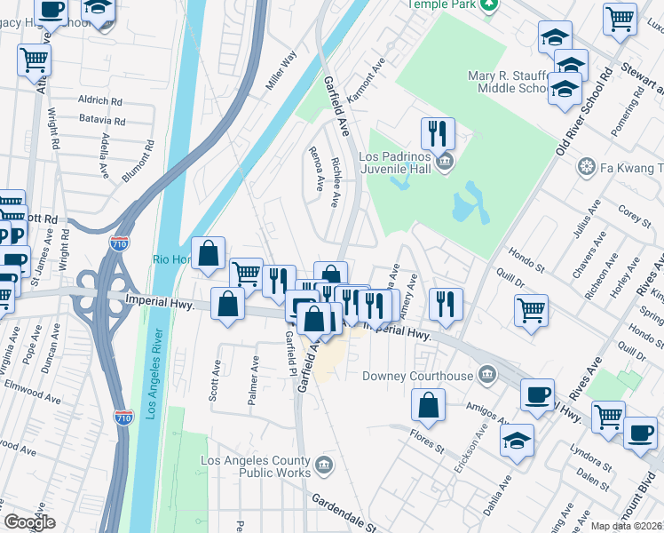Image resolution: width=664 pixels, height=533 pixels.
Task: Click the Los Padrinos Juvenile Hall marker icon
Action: pyautogui.click(x=446, y=163)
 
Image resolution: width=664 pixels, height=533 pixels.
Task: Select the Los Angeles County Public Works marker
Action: pyautogui.click(x=324, y=463)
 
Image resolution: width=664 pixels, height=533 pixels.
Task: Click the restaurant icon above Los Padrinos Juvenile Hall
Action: pyautogui.click(x=438, y=133)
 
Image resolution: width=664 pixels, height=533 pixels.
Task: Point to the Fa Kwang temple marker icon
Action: pyautogui.click(x=586, y=166)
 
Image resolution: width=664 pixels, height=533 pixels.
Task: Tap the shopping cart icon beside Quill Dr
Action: pyautogui.click(x=531, y=311)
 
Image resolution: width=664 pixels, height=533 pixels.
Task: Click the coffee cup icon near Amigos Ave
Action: pyautogui.click(x=538, y=395)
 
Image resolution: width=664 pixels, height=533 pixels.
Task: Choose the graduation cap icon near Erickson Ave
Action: pyautogui.click(x=517, y=440)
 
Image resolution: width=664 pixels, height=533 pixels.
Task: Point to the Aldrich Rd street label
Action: pyautogui.click(x=99, y=101)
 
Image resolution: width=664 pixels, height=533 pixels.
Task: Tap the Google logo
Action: pyautogui.click(x=29, y=522)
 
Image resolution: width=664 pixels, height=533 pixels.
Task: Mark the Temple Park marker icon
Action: pyautogui.click(x=489, y=4)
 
